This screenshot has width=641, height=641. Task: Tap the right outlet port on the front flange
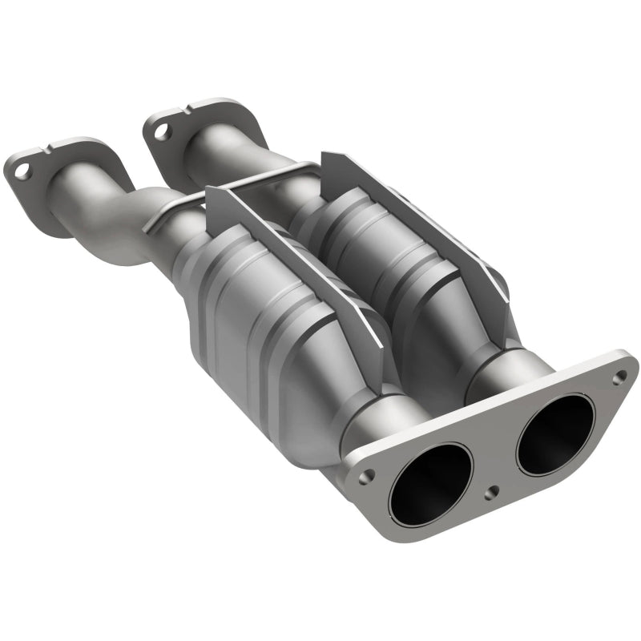(x=555, y=433)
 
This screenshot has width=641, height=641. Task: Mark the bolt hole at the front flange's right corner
(x=619, y=375)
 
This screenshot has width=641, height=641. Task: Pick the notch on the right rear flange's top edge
(x=198, y=107)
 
